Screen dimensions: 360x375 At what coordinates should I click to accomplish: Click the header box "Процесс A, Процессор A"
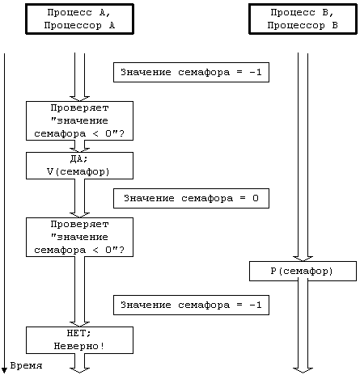tap(79, 19)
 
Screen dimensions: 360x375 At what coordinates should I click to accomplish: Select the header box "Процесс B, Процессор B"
tap(303, 19)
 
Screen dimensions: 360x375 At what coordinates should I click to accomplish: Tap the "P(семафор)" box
tap(303, 271)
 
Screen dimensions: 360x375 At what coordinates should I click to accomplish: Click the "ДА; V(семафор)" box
tap(79, 166)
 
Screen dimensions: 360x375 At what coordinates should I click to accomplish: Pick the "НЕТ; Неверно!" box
tap(79, 340)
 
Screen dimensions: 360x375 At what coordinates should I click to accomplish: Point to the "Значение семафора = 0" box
tap(191, 198)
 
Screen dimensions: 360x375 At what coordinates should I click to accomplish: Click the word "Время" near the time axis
tap(26, 365)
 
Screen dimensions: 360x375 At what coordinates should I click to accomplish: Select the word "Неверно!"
tap(79, 346)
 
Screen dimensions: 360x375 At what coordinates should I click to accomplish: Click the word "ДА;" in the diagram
tap(78, 159)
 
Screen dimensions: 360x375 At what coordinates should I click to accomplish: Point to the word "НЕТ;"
tap(78, 333)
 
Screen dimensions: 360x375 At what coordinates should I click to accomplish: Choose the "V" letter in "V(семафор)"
tap(50, 171)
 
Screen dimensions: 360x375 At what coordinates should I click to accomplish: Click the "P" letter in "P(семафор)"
tap(273, 271)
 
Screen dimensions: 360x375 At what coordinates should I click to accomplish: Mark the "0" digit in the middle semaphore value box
tap(256, 198)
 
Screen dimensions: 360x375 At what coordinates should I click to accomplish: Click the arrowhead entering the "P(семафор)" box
tap(303, 259)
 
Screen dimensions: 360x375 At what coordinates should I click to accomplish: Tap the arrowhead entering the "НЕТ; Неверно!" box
tap(79, 324)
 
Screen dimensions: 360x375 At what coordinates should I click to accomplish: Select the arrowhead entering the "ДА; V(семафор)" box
tap(79, 150)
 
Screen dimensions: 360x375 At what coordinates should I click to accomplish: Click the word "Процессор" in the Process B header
tap(296, 26)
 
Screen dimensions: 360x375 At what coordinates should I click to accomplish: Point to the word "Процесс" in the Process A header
tap(70, 12)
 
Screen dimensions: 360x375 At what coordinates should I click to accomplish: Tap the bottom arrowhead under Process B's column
tap(303, 370)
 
